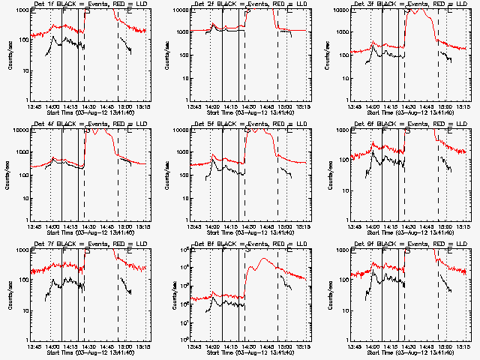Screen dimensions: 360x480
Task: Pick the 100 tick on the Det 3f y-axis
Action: (343, 55)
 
